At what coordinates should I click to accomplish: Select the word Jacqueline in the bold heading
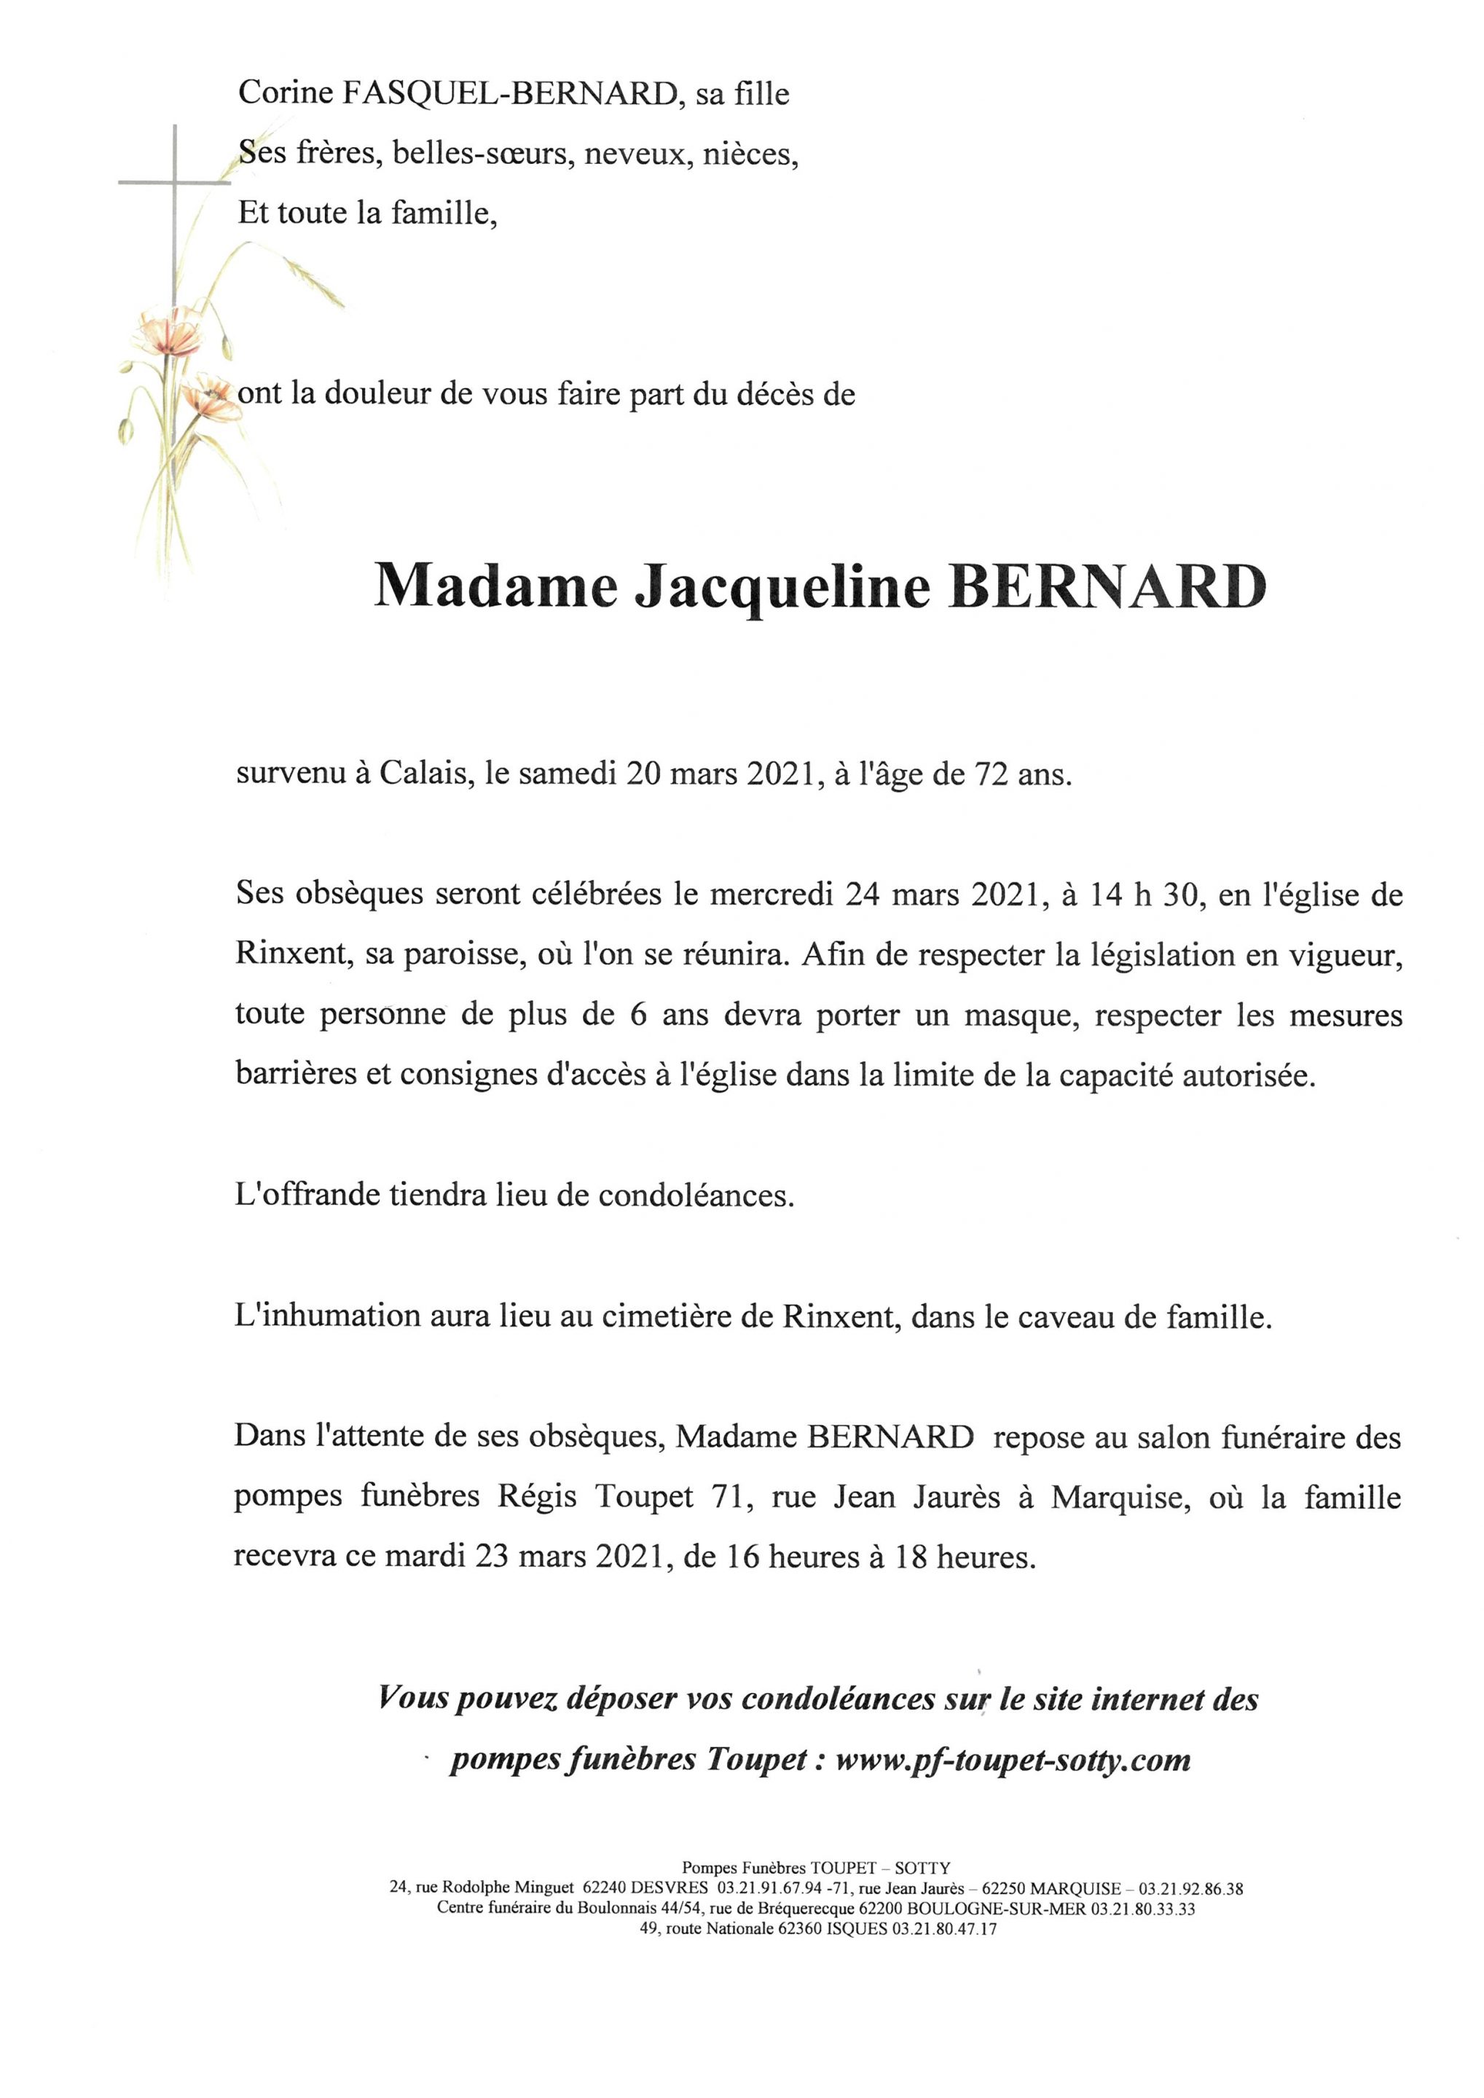tap(780, 589)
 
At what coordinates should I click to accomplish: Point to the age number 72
tap(993, 777)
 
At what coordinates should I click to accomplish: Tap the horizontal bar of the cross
tap(173, 183)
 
